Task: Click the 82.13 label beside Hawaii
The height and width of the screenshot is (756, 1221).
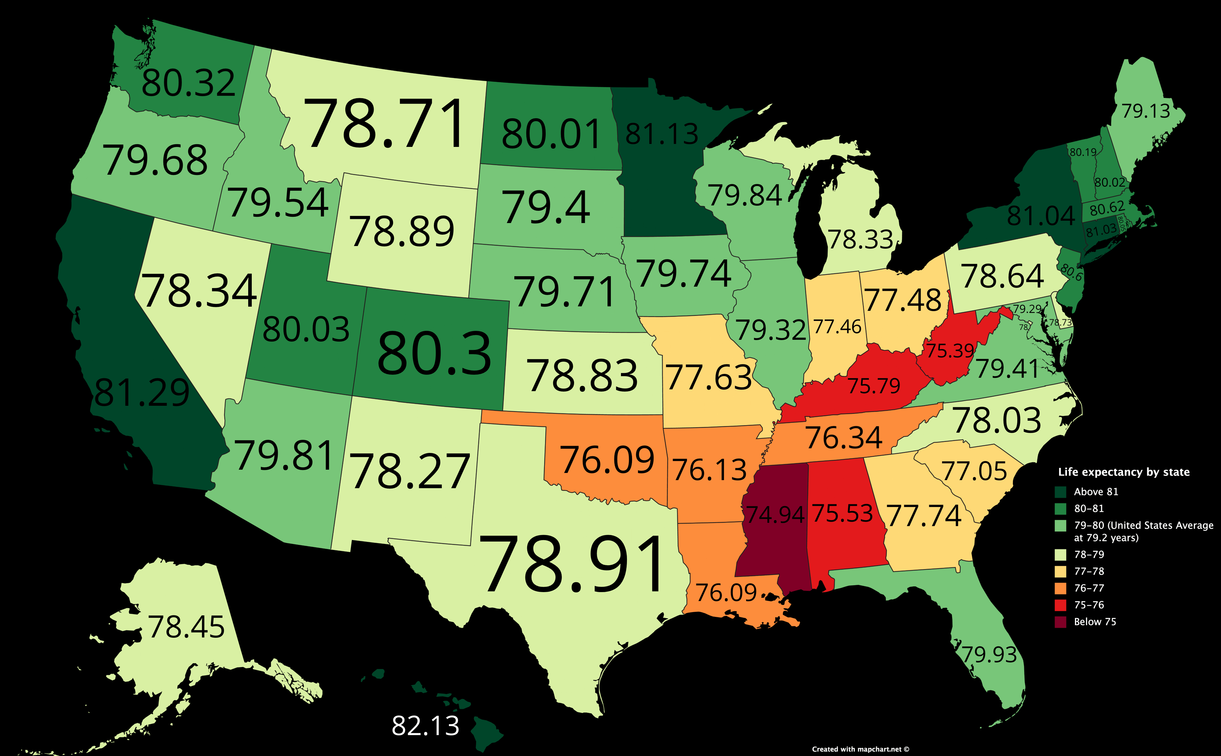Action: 425,726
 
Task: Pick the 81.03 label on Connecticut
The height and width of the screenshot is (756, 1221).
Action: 1101,230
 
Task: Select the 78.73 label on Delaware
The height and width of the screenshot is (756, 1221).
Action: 1060,322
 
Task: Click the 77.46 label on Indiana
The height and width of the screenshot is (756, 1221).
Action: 837,327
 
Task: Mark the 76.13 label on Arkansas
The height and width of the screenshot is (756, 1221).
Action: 709,470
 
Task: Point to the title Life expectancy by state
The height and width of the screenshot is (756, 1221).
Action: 1123,472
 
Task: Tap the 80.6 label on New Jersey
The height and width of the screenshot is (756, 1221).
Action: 1071,273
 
